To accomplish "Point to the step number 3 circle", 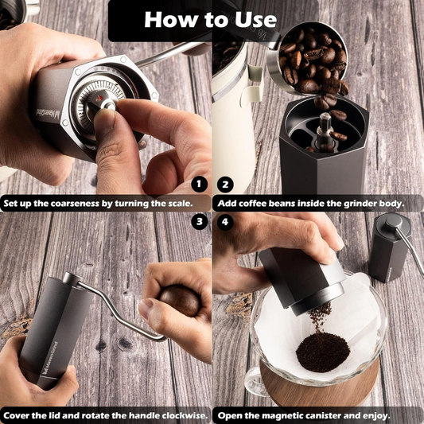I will [x=200, y=222].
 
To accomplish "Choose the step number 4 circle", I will [x=225, y=222].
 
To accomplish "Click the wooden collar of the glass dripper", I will [x=318, y=394].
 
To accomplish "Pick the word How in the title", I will [x=170, y=19].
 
